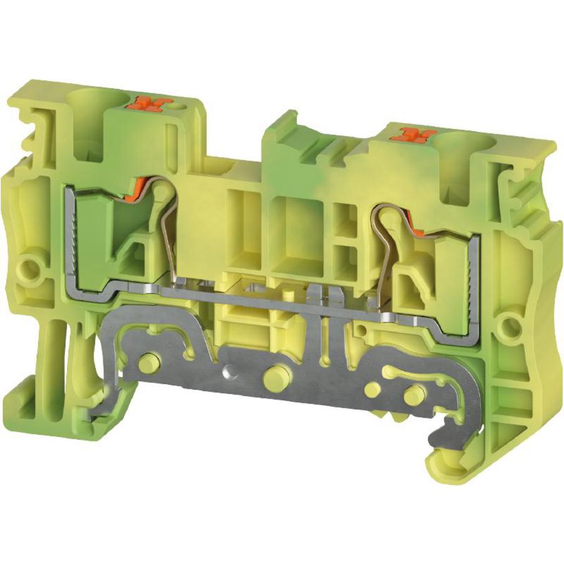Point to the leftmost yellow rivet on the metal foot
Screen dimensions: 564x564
[150, 362]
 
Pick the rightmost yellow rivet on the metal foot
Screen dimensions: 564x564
[412, 396]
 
